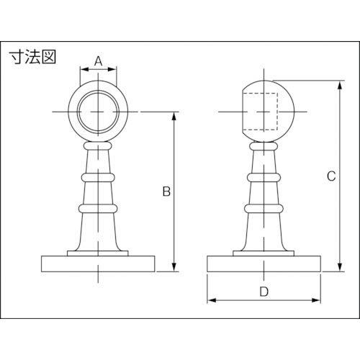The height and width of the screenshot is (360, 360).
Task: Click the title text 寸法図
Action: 32,57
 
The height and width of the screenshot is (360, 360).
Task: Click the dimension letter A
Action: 98,61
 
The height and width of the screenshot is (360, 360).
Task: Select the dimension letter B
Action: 166,192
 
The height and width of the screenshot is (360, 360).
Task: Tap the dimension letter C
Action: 331,176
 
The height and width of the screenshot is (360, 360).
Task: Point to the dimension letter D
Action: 264,292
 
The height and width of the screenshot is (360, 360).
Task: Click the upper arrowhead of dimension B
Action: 174,116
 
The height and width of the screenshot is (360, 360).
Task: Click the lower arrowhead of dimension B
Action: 174,267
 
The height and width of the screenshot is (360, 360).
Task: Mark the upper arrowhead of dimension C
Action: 340,85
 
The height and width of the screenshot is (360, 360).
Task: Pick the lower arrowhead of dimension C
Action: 340,267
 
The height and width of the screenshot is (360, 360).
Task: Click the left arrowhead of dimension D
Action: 212,300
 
